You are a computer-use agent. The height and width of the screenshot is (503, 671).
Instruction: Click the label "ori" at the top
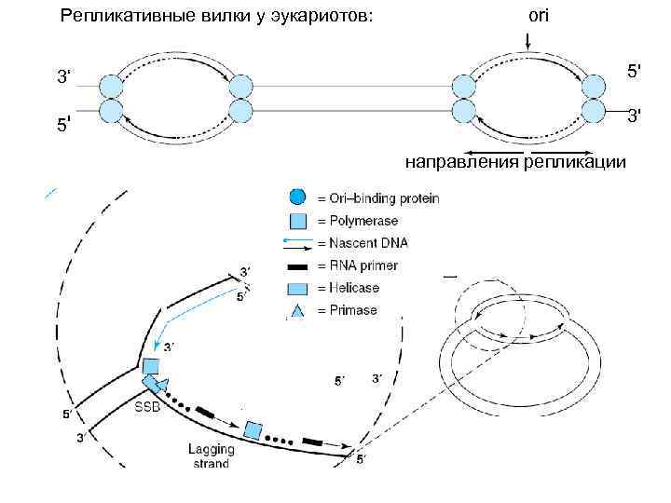click(x=538, y=16)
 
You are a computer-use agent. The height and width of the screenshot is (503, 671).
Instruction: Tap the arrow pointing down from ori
click(x=527, y=42)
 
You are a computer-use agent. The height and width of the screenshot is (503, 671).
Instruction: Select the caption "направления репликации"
click(x=515, y=163)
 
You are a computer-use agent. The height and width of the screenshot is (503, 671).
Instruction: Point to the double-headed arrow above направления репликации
click(x=528, y=151)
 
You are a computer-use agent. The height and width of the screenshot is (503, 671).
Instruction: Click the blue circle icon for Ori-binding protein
click(x=296, y=197)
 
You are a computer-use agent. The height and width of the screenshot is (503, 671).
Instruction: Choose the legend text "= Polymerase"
click(x=358, y=221)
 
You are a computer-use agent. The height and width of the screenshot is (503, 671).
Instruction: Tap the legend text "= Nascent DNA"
click(x=363, y=243)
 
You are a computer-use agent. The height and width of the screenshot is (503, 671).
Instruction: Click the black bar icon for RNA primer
click(x=297, y=265)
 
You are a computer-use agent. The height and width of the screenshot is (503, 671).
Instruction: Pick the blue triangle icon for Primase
click(x=296, y=310)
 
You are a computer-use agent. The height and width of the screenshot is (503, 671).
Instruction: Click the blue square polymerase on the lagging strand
click(x=252, y=430)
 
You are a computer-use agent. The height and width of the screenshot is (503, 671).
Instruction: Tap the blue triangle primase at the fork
click(x=163, y=385)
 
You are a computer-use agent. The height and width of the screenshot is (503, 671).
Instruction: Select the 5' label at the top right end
click(x=634, y=70)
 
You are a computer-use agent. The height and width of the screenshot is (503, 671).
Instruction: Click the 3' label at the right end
click(x=634, y=116)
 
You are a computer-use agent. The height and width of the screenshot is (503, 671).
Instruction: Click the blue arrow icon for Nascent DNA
click(x=297, y=243)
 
